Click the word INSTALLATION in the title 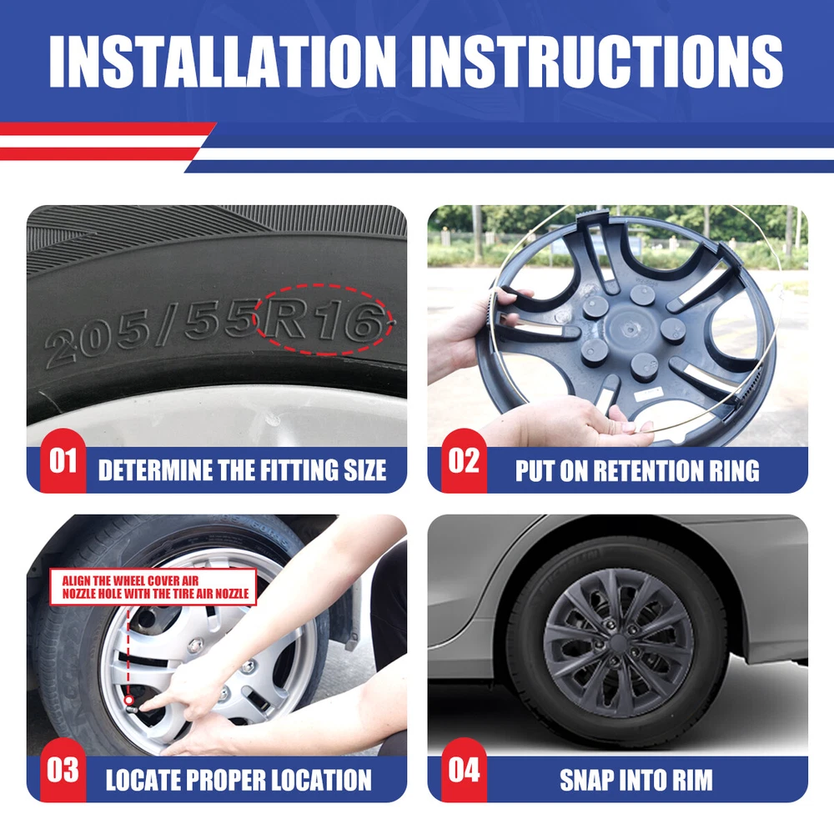[223, 61]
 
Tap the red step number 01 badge [63, 460]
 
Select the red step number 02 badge [464, 460]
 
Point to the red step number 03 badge [63, 770]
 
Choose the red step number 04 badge [464, 770]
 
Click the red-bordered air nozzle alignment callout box [153, 586]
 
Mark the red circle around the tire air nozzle [128, 701]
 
